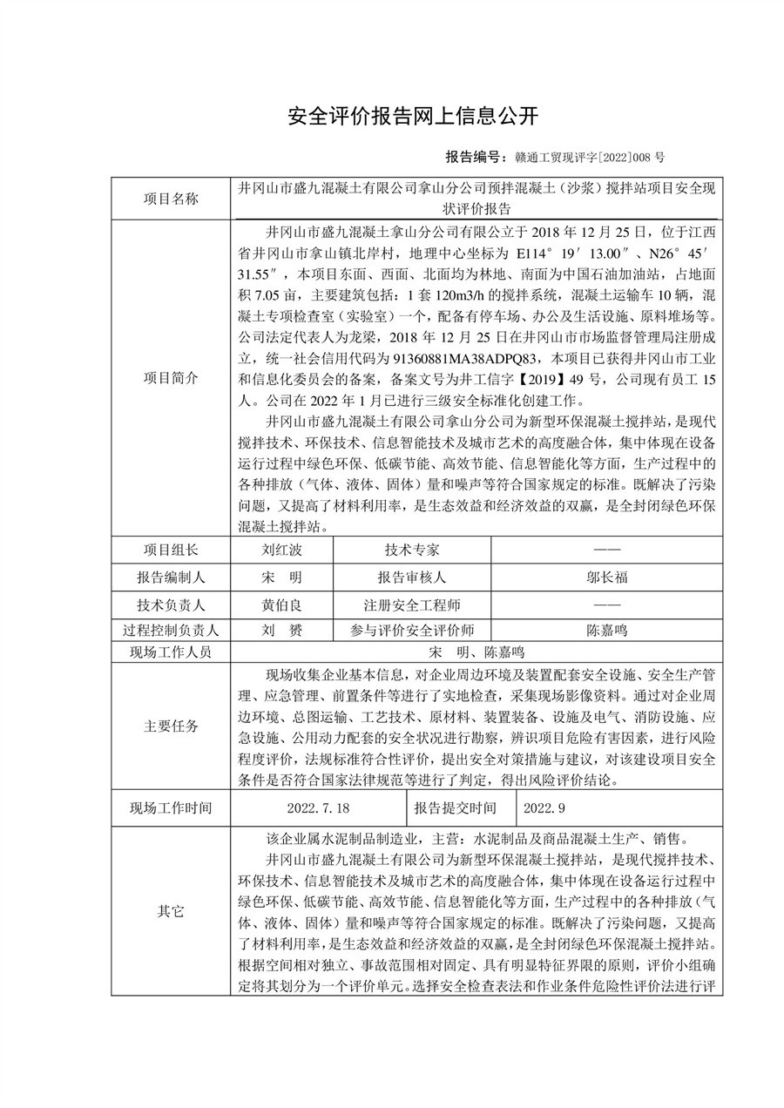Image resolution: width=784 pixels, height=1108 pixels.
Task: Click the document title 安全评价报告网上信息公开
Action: tap(414, 115)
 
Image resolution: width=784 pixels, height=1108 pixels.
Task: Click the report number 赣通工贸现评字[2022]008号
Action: tap(590, 158)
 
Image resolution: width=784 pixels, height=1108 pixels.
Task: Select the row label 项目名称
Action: tap(171, 199)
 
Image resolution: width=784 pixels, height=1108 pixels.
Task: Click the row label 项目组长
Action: tap(171, 550)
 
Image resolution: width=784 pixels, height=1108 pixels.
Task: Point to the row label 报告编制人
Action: tap(171, 577)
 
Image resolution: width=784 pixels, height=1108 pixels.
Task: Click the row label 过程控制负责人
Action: tap(171, 630)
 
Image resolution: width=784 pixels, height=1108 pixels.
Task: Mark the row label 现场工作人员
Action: tap(171, 652)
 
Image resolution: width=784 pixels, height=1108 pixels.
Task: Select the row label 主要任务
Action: tap(171, 726)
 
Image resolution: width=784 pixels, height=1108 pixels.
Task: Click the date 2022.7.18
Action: tap(317, 807)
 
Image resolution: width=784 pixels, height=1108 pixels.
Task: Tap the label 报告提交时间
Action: tap(461, 807)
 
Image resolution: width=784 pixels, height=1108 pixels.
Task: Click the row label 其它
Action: tap(171, 911)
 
